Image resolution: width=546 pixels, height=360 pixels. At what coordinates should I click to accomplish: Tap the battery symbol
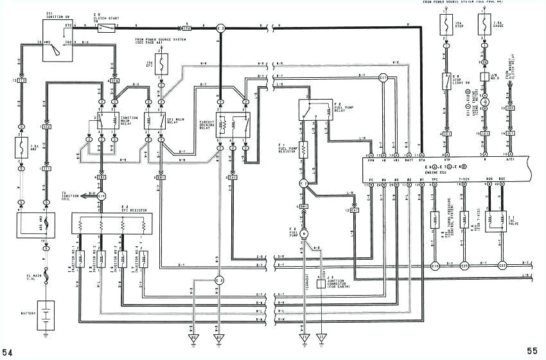click(x=46, y=316)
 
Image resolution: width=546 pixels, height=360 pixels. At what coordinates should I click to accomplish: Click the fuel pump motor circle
click(x=305, y=232)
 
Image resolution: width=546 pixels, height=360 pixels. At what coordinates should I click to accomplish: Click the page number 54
click(x=8, y=351)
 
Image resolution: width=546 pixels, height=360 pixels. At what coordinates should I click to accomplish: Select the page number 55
click(x=532, y=351)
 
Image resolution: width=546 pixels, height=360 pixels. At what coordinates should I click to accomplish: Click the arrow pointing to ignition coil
click(x=82, y=195)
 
